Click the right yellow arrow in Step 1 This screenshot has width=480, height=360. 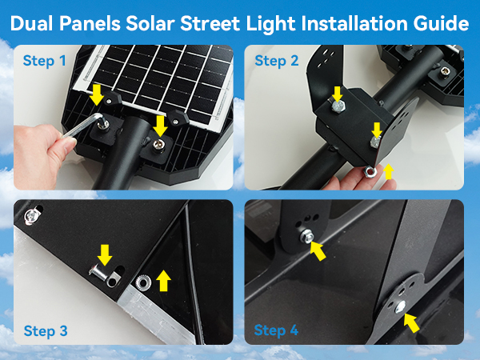pyautogui.click(x=161, y=125)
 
